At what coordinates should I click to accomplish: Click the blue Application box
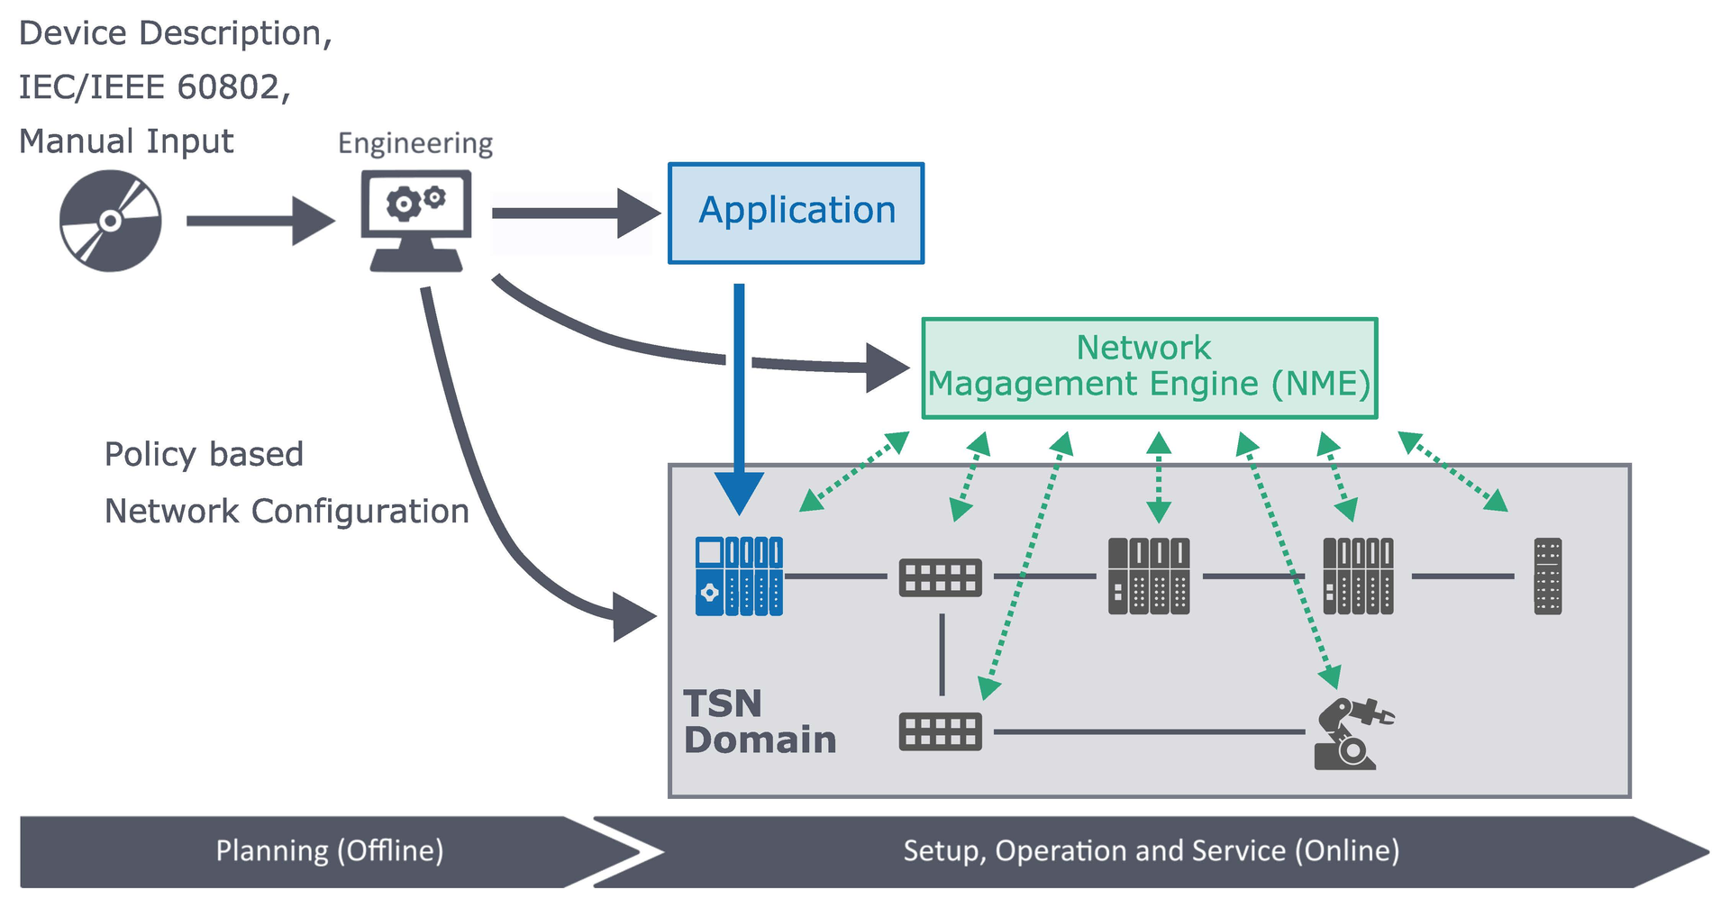tap(796, 213)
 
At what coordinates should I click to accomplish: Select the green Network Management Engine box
tap(1149, 368)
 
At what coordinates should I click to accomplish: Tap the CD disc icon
tap(110, 221)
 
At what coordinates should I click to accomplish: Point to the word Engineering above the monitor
tap(415, 143)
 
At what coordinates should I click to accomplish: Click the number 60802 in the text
tap(229, 87)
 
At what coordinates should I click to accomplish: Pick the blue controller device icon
tap(739, 577)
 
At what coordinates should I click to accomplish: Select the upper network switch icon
tap(941, 577)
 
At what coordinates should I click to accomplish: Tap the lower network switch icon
tap(941, 731)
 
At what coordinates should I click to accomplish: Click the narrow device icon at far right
tap(1547, 577)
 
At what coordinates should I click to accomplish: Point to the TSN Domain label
tap(759, 722)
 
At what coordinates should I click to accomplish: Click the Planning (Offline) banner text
tap(329, 851)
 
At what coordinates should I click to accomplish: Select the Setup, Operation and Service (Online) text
tap(1151, 851)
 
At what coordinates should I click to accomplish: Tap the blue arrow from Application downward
tap(739, 396)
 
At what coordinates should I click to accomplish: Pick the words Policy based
tap(204, 454)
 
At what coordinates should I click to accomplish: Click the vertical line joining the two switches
tap(942, 654)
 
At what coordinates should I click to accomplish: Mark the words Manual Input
tap(126, 141)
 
